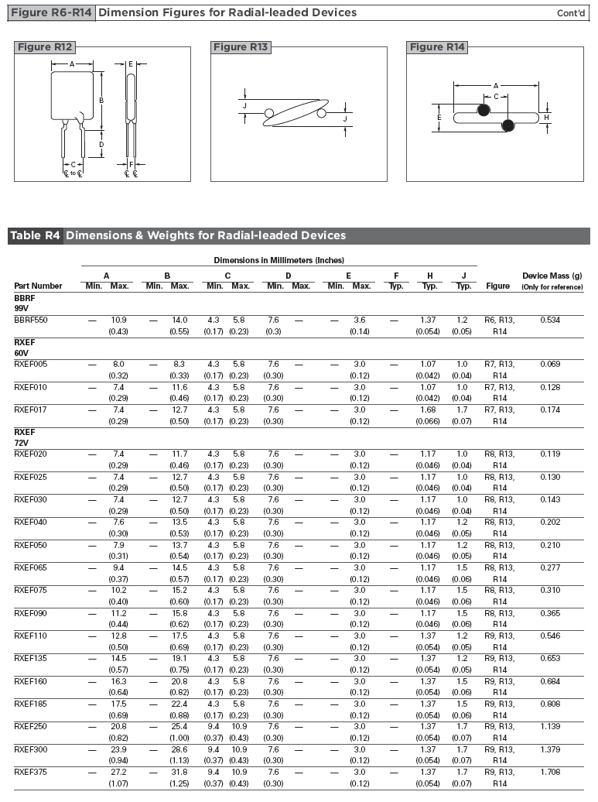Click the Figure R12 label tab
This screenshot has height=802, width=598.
click(x=45, y=47)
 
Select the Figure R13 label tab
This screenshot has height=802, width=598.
click(x=241, y=47)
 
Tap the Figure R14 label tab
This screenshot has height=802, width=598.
click(x=437, y=47)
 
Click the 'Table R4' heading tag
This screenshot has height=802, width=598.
click(x=35, y=235)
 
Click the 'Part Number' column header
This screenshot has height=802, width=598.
click(x=38, y=286)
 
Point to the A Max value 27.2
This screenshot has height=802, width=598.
click(x=119, y=773)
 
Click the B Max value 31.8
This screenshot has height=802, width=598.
click(x=179, y=773)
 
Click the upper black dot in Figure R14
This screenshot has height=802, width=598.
click(x=484, y=111)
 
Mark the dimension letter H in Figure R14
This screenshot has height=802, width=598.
click(x=546, y=118)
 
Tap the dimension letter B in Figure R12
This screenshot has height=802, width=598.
click(x=101, y=101)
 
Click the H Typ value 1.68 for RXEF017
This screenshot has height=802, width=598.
click(x=429, y=410)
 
